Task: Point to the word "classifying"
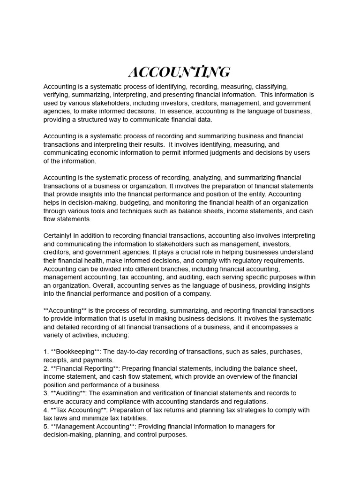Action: click(270, 86)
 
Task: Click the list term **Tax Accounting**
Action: click(80, 410)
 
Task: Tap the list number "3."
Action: click(46, 393)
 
